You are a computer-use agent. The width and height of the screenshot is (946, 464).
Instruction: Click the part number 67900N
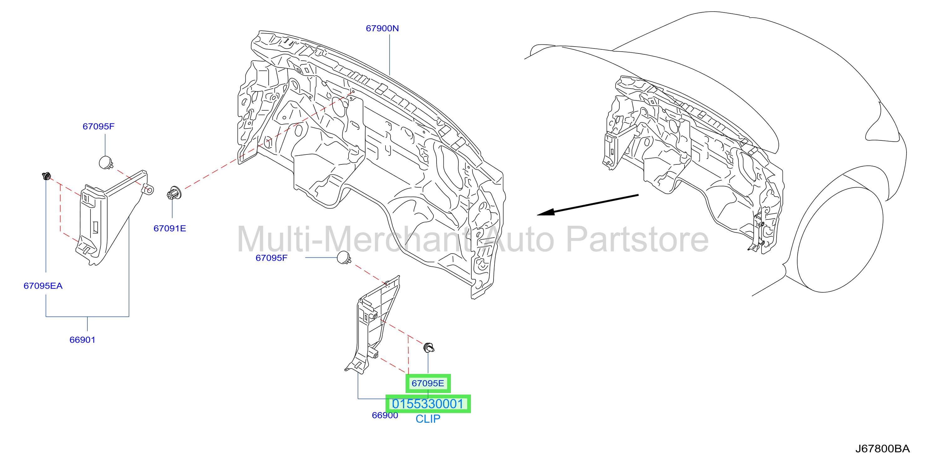tap(382, 28)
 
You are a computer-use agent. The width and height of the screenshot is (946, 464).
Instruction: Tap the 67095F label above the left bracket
tap(98, 126)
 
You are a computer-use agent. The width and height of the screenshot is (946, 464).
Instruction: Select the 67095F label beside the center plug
tap(271, 258)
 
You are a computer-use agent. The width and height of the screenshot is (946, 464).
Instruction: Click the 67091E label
tap(170, 229)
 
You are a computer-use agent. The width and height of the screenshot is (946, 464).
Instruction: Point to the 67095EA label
tap(43, 286)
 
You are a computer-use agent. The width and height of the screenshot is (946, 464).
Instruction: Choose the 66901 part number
tap(82, 340)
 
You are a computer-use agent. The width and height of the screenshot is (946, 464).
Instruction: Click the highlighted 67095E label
tap(428, 383)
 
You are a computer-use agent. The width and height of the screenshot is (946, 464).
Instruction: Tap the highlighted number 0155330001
tap(428, 404)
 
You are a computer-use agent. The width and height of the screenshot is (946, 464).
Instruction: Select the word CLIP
tap(428, 419)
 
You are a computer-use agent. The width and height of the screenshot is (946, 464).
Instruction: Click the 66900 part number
tap(385, 415)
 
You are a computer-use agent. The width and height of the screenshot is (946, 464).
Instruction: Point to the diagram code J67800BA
tap(882, 449)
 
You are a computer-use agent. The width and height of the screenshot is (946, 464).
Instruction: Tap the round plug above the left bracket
tap(106, 162)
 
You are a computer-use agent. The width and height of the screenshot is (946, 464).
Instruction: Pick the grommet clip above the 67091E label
tap(174, 193)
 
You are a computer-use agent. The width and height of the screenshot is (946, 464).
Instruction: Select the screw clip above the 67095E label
tap(429, 347)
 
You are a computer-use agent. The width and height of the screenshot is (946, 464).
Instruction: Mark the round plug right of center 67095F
tap(344, 258)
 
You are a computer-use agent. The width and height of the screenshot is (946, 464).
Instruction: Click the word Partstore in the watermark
tap(638, 240)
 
